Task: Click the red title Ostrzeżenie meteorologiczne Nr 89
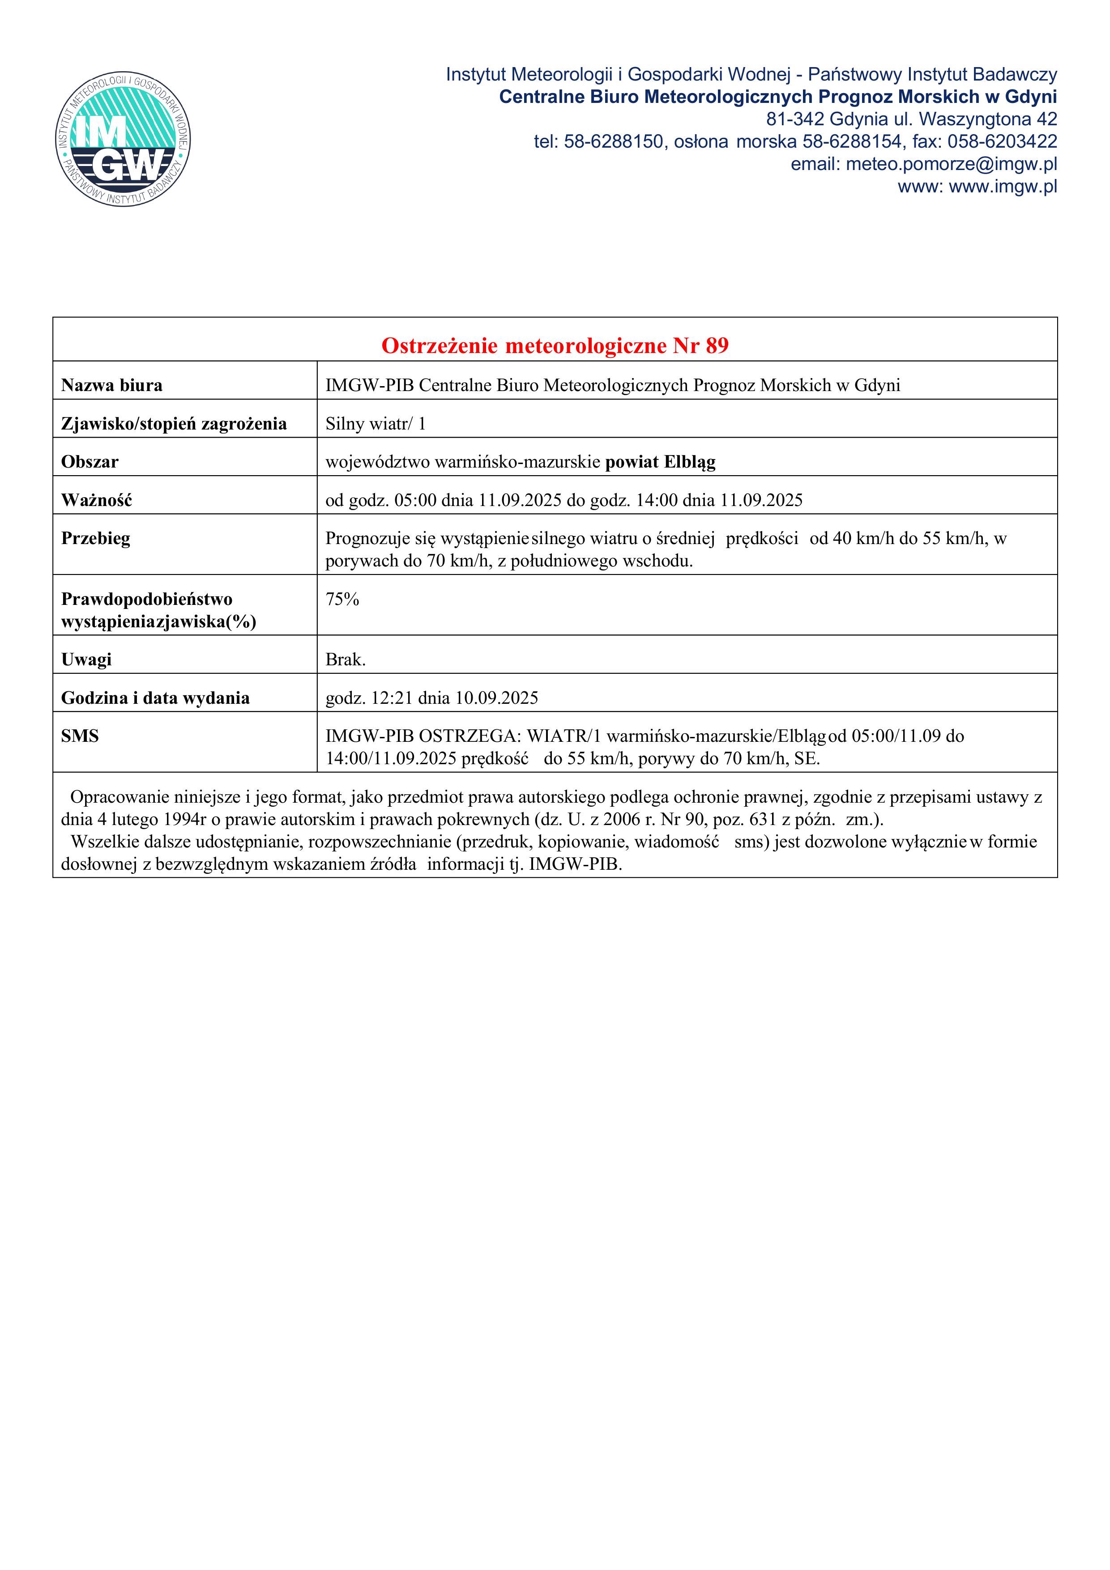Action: tap(555, 346)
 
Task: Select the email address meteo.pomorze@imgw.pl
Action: tap(951, 164)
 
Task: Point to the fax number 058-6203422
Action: tap(1002, 141)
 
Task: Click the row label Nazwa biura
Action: tap(111, 386)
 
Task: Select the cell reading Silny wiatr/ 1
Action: tap(376, 424)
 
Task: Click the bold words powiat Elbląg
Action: tap(660, 462)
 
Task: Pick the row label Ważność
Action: tap(96, 501)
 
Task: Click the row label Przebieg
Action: tap(96, 539)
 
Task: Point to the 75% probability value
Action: tap(342, 600)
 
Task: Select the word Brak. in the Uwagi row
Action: tap(346, 660)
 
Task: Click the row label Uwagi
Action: tap(86, 660)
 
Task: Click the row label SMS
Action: tap(80, 736)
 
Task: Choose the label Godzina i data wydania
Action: tap(155, 698)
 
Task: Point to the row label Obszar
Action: tap(90, 462)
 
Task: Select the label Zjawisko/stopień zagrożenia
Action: tap(174, 424)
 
